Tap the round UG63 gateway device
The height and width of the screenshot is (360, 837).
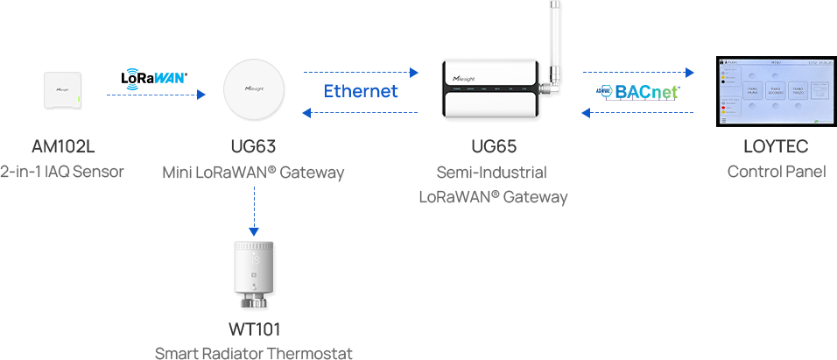pyautogui.click(x=254, y=92)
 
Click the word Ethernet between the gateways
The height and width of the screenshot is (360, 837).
pyautogui.click(x=361, y=90)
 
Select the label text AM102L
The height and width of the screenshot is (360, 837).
pyautogui.click(x=62, y=146)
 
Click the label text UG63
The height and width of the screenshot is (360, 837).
pyautogui.click(x=253, y=146)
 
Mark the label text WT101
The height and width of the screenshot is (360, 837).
pyautogui.click(x=253, y=331)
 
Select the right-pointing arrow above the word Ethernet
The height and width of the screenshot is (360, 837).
pyautogui.click(x=361, y=70)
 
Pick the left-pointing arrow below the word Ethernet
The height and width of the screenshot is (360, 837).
pyautogui.click(x=361, y=111)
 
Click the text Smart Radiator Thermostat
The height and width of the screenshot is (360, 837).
pyautogui.click(x=253, y=353)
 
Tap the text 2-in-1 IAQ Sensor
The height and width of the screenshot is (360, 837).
pyautogui.click(x=62, y=171)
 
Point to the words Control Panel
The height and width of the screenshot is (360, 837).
pyautogui.click(x=776, y=171)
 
